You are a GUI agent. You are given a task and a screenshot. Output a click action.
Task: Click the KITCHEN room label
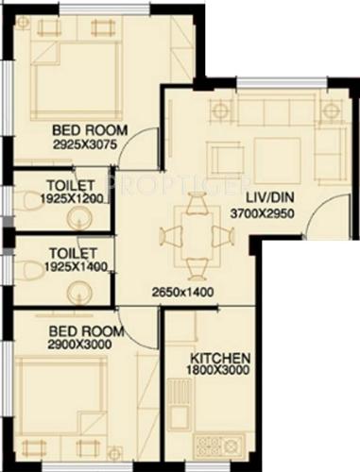[x=220, y=359]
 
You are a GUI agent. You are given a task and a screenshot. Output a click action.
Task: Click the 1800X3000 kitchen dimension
[x=220, y=372]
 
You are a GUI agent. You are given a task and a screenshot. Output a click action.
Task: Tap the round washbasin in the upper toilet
[x=80, y=218]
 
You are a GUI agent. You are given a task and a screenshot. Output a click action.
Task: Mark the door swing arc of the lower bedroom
[x=142, y=331]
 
